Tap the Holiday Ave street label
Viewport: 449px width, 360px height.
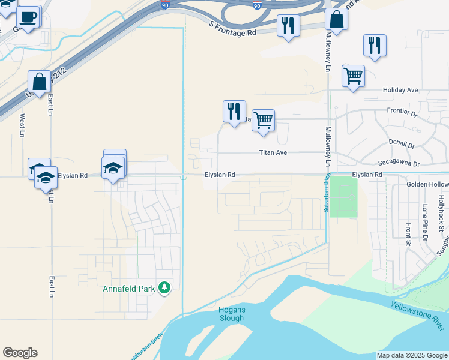coord(400,90)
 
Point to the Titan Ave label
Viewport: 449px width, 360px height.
coord(273,153)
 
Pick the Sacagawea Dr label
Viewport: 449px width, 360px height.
coord(399,163)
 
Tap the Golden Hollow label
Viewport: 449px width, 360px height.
coord(427,184)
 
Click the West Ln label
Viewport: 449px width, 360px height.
coord(22,125)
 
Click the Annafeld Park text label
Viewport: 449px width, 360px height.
coord(130,289)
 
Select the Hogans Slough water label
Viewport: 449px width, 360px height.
coord(231,314)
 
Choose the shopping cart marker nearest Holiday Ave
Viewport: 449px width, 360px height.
coord(354,76)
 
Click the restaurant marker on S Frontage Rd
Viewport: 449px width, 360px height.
coord(288,25)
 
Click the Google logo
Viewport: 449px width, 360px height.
coord(20,353)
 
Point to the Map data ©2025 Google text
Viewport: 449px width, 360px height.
coord(412,355)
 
